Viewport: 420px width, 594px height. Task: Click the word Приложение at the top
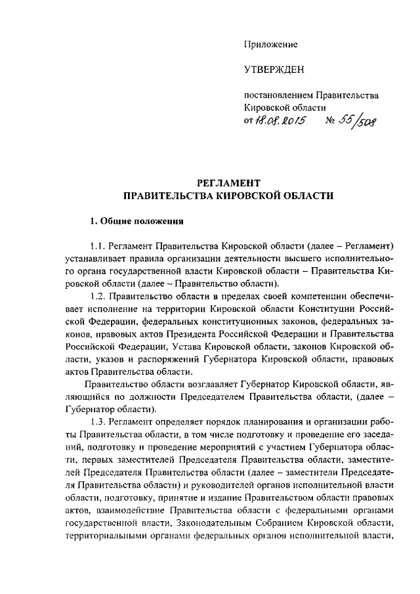[x=270, y=45]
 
